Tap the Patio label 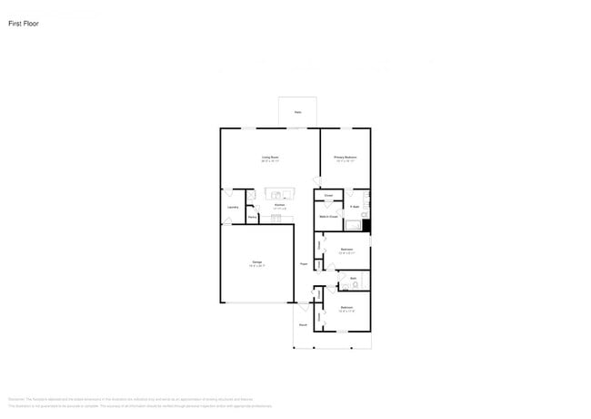click(297, 113)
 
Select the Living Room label click(270, 158)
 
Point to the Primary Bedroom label click(345, 158)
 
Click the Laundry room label click(233, 208)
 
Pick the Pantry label click(251, 217)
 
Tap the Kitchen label click(280, 206)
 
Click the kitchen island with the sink click(280, 193)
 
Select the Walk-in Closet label click(328, 217)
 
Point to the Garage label click(257, 262)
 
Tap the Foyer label click(303, 264)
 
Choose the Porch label click(303, 324)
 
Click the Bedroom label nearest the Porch click(346, 308)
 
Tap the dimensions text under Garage click(257, 267)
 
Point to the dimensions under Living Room click(270, 162)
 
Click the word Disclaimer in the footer click(15, 399)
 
